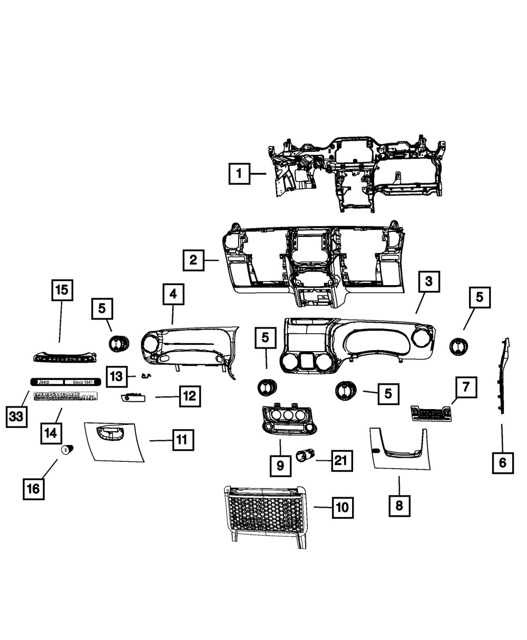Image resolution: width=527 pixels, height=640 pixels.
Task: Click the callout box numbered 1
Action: tap(239, 173)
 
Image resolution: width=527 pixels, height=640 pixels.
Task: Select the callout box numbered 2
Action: tap(194, 260)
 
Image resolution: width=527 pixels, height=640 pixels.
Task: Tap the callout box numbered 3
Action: tap(429, 282)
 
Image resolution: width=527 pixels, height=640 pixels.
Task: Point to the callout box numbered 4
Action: tap(173, 295)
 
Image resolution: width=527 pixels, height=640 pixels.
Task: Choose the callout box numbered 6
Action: tap(502, 463)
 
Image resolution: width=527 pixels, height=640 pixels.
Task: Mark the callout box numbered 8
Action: tap(399, 506)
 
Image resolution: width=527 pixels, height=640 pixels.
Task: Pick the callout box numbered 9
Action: tap(280, 465)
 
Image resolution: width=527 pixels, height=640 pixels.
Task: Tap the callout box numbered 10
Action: tap(342, 508)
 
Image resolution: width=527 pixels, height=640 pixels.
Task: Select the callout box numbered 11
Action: tap(182, 439)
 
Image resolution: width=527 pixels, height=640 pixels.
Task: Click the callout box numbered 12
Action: tap(190, 395)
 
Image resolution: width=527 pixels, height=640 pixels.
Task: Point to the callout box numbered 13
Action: tap(117, 376)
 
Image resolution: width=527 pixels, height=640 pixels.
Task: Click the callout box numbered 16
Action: tap(33, 489)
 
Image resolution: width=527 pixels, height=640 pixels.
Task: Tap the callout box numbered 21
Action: tap(341, 461)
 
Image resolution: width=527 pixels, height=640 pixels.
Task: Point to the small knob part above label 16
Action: tap(67, 450)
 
